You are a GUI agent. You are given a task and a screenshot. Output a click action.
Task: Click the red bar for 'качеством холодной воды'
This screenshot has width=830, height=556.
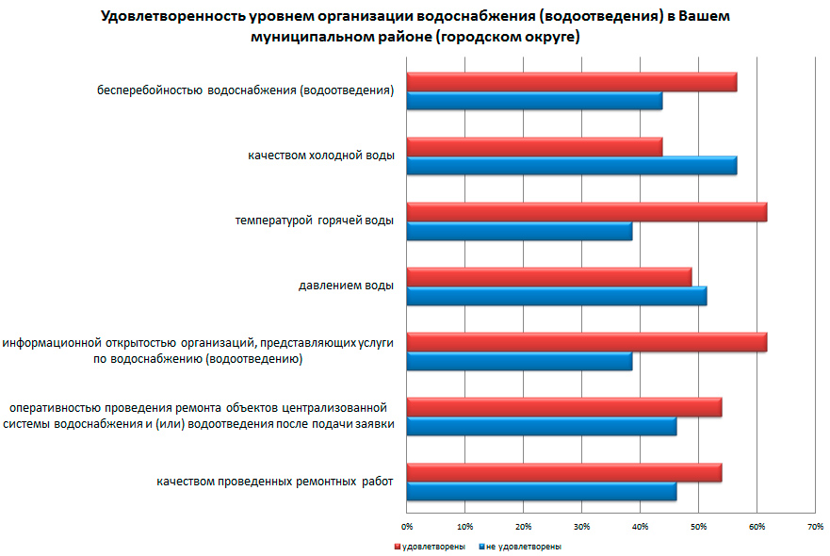click(534, 147)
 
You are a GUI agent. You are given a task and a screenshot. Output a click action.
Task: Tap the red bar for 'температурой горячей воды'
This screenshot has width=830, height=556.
click(586, 212)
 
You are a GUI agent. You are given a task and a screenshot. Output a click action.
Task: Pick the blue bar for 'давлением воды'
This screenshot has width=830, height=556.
click(556, 296)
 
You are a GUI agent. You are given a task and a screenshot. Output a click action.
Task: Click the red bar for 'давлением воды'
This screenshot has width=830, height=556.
click(548, 277)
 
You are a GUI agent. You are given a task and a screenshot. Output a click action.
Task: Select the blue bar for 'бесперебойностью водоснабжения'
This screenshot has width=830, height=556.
click(534, 101)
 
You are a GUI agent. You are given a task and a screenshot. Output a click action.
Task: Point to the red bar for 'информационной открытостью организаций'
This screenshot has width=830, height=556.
click(586, 342)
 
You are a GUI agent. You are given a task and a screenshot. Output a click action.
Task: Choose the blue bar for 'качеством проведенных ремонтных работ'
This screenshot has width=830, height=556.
click(541, 491)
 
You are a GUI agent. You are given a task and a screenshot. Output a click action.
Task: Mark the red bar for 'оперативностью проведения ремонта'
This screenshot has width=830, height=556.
click(563, 407)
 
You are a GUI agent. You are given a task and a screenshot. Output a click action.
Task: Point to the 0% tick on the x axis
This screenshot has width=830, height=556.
click(407, 526)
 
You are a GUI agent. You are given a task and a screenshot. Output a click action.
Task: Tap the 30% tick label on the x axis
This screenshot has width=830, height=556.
click(582, 526)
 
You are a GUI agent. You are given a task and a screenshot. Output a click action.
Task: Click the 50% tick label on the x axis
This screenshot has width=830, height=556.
click(698, 526)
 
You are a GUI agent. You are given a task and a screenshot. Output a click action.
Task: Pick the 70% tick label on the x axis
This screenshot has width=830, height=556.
click(815, 526)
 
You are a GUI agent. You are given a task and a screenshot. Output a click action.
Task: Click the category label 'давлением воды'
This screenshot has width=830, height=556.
click(345, 286)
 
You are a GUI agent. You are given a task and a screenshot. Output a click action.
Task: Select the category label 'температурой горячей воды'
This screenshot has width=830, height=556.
click(314, 221)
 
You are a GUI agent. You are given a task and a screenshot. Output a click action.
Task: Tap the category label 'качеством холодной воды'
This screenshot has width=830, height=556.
click(321, 155)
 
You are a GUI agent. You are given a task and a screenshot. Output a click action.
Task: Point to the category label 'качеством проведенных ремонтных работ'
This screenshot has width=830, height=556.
click(275, 482)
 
